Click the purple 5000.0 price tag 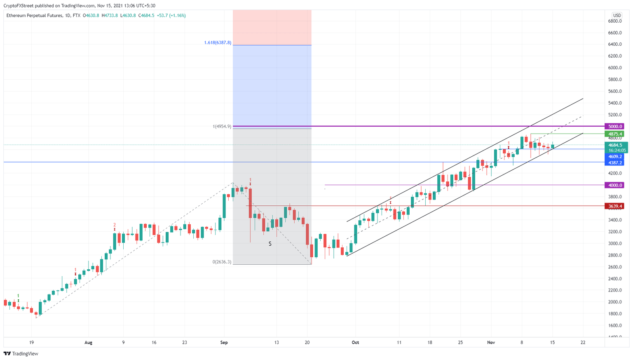614,127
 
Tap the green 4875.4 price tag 614,134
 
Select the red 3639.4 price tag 614,206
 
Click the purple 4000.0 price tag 614,185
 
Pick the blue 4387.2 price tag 614,163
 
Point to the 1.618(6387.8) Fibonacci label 218,43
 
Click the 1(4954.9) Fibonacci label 222,127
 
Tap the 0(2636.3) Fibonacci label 222,262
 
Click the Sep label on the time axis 224,343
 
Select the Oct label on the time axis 355,343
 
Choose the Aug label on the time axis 88,343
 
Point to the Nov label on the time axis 491,343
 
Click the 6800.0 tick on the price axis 615,21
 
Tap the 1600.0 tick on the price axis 615,326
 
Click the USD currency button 617,16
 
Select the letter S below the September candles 270,244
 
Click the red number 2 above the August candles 115,225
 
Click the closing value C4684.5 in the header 146,16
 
